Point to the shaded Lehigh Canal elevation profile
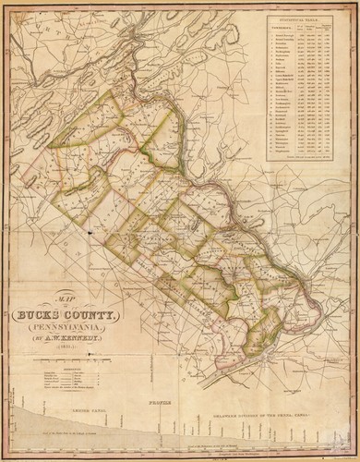click(55, 420)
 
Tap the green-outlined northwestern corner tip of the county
click(53, 145)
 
